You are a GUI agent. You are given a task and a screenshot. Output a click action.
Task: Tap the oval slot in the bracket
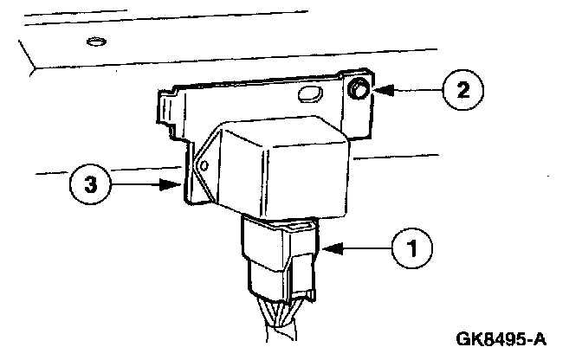coord(309,93)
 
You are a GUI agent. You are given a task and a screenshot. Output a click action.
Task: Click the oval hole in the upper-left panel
coord(96,41)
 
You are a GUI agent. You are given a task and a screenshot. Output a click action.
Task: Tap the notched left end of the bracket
coord(166,108)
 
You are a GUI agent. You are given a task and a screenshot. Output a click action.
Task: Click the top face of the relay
coord(277,130)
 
